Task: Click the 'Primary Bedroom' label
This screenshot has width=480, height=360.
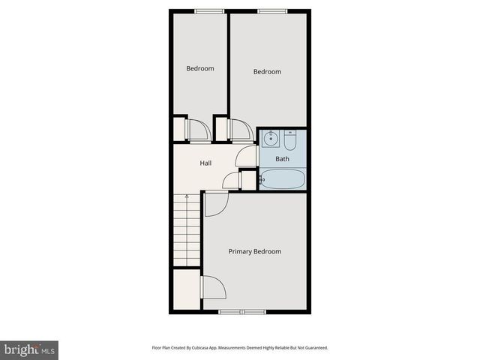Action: [x=255, y=251]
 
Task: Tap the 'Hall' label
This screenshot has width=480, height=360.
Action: [x=205, y=163]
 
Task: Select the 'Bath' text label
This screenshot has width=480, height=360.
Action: [x=282, y=159]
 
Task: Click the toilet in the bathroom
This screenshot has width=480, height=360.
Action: [x=291, y=139]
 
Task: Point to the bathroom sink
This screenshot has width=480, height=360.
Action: [x=271, y=139]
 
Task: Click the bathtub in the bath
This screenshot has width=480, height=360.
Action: [x=282, y=179]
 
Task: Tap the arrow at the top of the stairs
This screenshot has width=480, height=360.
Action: [x=187, y=199]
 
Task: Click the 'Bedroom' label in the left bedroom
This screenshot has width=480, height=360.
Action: [x=200, y=68]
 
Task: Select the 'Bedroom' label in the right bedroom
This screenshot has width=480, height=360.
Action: [x=267, y=72]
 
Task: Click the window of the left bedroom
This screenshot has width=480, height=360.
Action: [x=204, y=10]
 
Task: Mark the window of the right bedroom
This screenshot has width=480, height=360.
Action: [x=268, y=10]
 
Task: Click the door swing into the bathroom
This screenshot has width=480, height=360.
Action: [x=247, y=156]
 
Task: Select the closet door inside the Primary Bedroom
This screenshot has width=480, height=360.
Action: [x=212, y=287]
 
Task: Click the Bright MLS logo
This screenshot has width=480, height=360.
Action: [x=29, y=349]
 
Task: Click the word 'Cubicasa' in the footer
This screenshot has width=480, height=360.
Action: [x=202, y=348]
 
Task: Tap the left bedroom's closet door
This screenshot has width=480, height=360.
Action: [x=199, y=130]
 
